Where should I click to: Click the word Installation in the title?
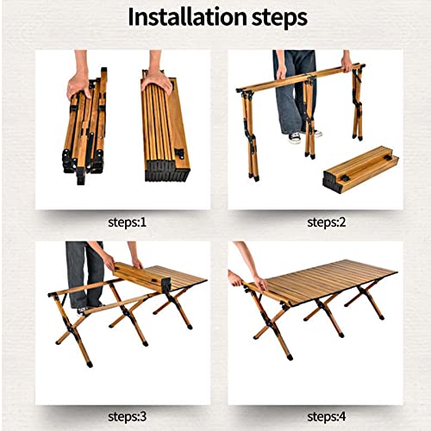187,17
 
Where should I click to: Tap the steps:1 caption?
128,222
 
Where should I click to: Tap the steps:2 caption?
327,222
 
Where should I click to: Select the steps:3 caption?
128,416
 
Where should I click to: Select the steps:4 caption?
327,416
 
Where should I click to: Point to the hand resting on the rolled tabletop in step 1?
157,80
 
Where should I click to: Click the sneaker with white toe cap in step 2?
295,138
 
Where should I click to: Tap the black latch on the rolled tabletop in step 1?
180,154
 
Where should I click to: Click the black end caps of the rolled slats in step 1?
168,171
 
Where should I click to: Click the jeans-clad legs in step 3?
84,275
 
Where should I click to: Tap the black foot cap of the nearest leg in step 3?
90,365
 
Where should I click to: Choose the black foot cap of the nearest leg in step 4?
290,357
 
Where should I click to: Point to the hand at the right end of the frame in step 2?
347,63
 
